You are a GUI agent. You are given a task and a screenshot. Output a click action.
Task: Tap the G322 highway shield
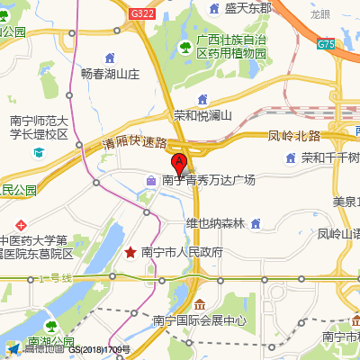141,14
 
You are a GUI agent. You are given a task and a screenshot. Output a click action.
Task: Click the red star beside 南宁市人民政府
131,252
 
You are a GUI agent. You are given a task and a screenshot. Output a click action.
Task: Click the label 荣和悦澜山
202,115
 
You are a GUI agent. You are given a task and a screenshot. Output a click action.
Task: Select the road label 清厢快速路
135,142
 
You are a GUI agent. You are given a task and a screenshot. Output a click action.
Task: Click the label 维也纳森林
215,223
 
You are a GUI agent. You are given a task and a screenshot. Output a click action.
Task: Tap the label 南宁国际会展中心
199,320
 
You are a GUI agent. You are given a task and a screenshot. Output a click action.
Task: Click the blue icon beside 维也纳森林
256,223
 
